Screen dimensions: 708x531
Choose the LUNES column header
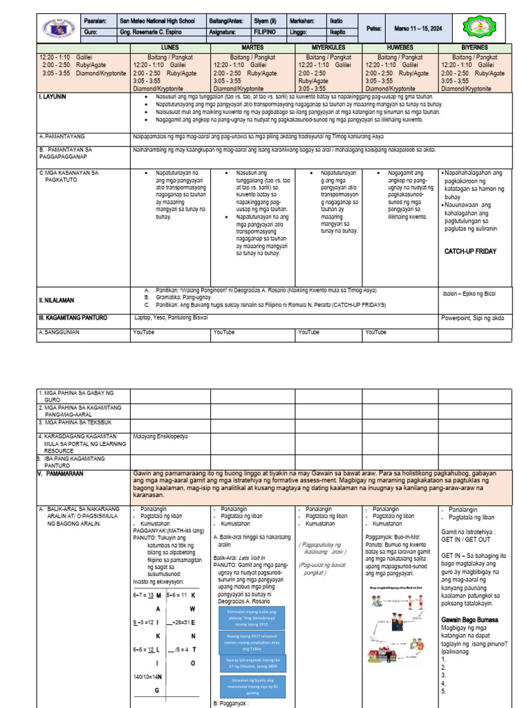[171, 46]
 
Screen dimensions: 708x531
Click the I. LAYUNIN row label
[53, 97]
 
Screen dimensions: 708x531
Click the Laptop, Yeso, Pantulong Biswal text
[171, 318]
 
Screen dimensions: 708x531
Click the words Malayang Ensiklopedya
[161, 436]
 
